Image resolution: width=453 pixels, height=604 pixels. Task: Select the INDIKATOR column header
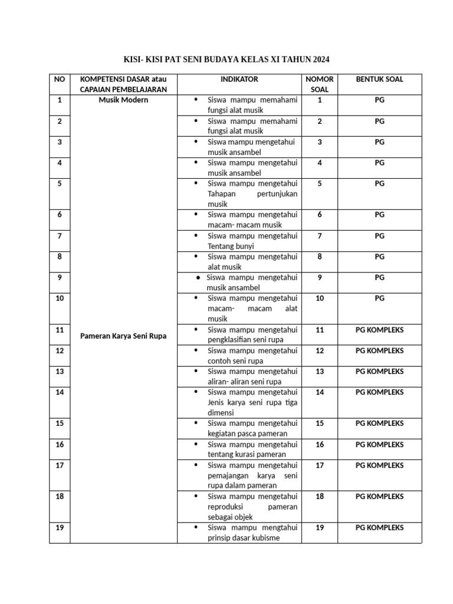click(x=239, y=79)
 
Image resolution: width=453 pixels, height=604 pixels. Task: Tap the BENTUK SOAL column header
click(x=379, y=79)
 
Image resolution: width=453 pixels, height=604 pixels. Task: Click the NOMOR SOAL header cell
click(x=320, y=84)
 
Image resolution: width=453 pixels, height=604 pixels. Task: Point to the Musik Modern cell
click(x=123, y=100)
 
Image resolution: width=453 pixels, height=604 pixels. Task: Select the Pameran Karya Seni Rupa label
click(x=123, y=336)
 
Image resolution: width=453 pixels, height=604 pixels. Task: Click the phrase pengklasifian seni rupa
click(x=246, y=340)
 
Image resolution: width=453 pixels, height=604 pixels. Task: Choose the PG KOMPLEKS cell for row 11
click(x=379, y=330)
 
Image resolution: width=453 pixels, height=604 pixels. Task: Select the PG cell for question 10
click(x=379, y=298)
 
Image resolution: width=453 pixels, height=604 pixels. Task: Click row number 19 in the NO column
click(x=60, y=527)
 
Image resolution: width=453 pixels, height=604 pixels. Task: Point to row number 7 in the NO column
click(x=60, y=235)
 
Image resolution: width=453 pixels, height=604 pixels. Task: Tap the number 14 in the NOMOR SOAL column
click(x=320, y=392)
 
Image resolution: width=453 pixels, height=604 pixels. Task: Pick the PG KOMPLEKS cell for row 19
click(x=379, y=527)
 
